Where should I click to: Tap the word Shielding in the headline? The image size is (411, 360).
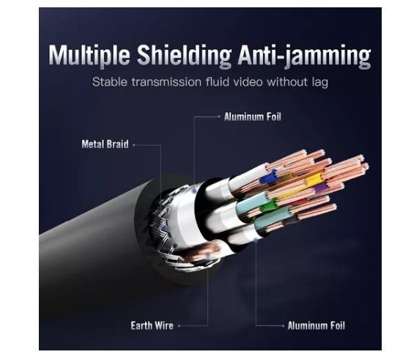tap(184, 56)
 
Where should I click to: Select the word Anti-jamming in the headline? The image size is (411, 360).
tap(304, 56)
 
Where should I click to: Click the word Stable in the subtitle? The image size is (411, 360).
tap(110, 82)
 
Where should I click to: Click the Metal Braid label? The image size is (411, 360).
tap(105, 144)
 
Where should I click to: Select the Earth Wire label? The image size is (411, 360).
tap(152, 326)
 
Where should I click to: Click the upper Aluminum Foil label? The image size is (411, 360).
tap(253, 117)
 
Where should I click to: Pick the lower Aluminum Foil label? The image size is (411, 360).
tap(316, 326)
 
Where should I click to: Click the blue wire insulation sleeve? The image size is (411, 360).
tap(268, 176)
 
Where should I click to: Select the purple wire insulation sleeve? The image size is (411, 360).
tap(320, 187)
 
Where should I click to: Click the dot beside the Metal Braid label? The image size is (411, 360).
tap(133, 144)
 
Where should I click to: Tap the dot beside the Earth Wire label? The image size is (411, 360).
tap(179, 326)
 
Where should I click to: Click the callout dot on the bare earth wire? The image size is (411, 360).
tap(207, 254)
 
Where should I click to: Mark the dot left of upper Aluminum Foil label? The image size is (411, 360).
tap(219, 117)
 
